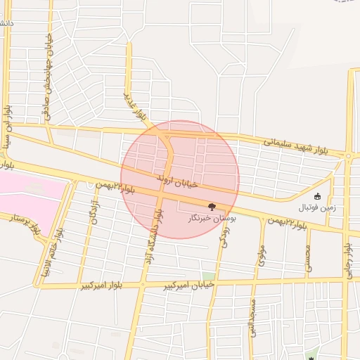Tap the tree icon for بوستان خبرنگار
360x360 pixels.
[212, 207]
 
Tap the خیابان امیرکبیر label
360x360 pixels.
[189, 284]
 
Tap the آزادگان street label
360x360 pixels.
[94, 212]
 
